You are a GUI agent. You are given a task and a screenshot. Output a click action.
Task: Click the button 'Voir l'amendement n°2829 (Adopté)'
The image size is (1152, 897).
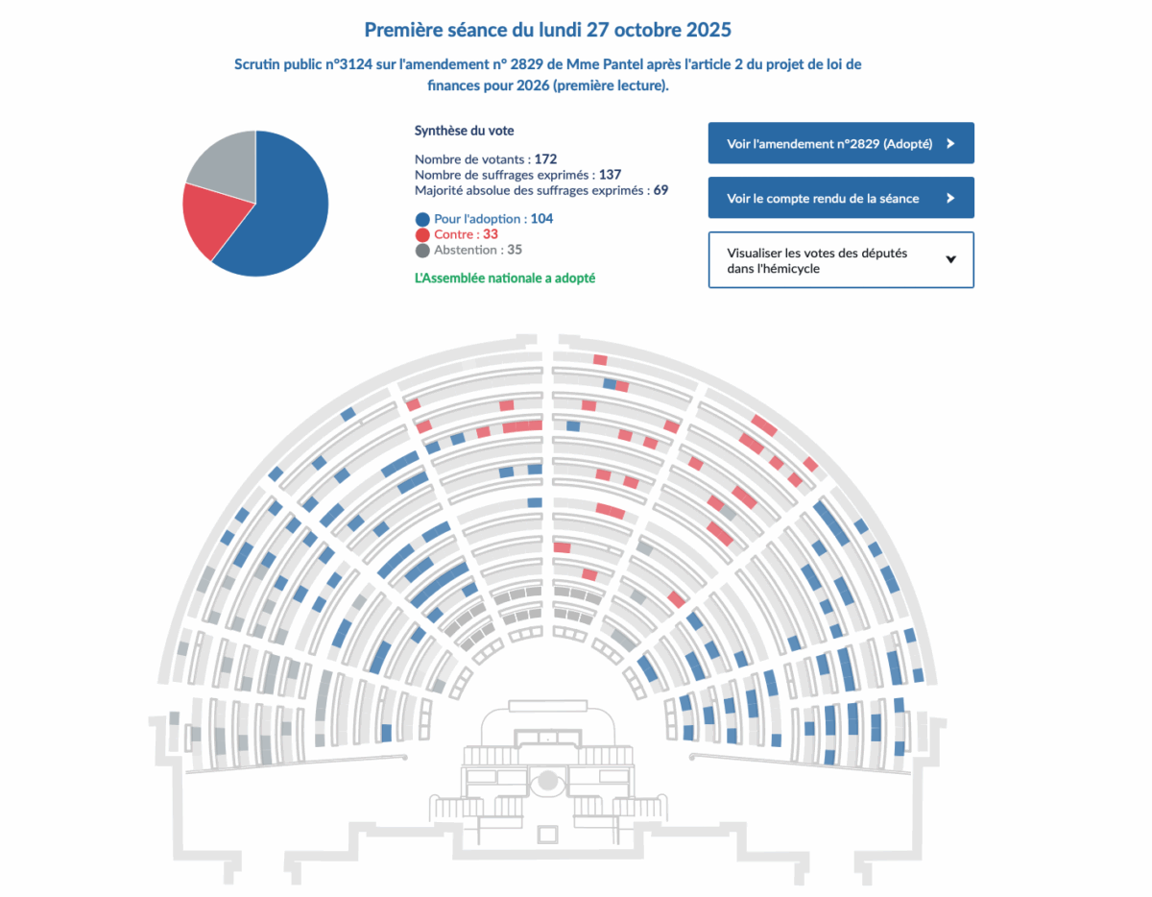click(x=841, y=143)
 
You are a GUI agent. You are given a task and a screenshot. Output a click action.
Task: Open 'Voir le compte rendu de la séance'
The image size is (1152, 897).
click(x=841, y=198)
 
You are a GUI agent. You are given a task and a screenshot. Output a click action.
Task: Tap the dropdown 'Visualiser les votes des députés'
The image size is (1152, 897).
click(x=841, y=260)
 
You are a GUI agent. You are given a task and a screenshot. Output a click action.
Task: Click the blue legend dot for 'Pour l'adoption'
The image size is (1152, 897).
click(x=422, y=219)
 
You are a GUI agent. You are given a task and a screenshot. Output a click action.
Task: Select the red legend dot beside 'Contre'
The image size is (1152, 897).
click(x=422, y=234)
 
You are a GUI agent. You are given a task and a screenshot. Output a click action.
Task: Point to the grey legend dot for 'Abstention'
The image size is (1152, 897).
click(x=422, y=250)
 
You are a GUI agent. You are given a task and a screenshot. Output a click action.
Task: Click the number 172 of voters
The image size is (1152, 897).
click(x=546, y=158)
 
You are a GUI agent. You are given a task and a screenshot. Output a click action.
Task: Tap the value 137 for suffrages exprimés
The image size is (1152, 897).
click(x=610, y=175)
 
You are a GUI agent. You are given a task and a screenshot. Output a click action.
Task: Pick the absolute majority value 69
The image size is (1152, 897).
click(x=660, y=190)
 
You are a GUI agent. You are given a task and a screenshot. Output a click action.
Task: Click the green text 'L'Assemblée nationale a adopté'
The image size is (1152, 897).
click(x=505, y=278)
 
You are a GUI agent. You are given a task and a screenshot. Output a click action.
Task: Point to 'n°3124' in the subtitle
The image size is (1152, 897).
click(x=351, y=64)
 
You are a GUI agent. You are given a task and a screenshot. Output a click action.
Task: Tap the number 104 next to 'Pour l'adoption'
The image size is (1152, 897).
click(x=541, y=219)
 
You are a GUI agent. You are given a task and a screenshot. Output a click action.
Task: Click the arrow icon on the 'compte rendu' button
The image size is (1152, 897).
click(x=950, y=198)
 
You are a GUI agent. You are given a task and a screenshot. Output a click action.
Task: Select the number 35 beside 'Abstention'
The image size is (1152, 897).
click(x=515, y=250)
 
